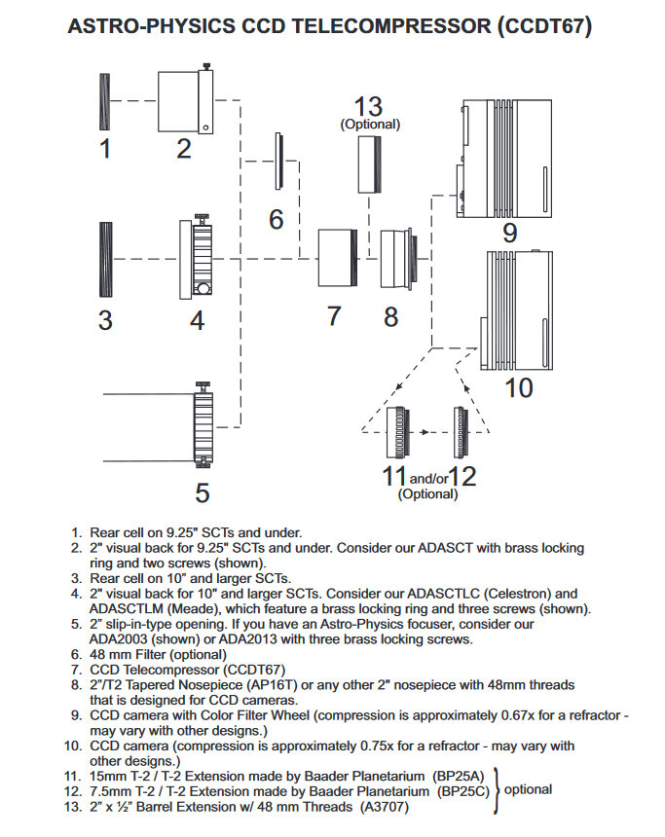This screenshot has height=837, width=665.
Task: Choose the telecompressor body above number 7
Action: point(336,257)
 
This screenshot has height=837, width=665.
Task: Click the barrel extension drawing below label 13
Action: point(369,166)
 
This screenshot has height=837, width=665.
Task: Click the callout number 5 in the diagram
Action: point(202,492)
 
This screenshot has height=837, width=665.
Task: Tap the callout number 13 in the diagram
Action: point(369,106)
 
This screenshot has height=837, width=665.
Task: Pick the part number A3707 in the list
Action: point(384,807)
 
